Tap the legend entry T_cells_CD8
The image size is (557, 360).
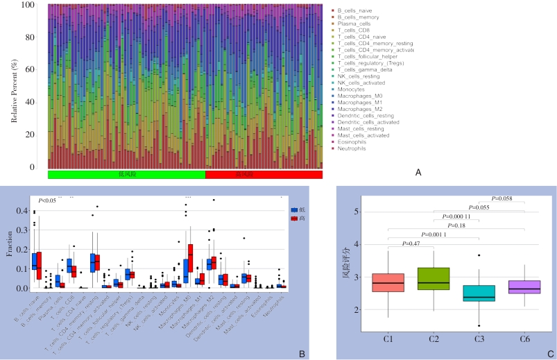[354, 31]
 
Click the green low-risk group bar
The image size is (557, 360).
[126, 174]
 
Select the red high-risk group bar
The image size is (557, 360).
[264, 174]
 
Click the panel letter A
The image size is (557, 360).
[418, 171]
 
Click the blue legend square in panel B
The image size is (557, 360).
[294, 209]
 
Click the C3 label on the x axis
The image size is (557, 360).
[478, 338]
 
